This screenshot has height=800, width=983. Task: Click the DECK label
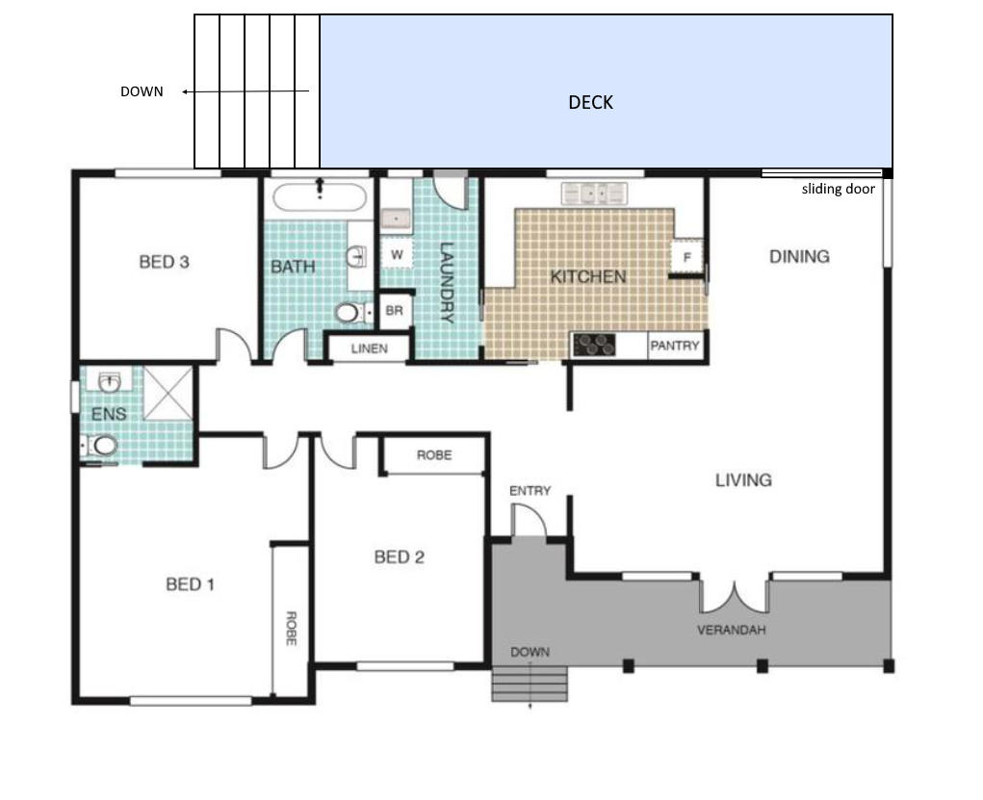pos(590,102)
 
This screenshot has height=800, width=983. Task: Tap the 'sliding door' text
pos(839,189)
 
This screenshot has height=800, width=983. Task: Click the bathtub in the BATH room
pos(320,196)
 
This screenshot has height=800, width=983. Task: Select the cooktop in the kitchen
pos(594,345)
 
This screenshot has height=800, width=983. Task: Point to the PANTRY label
pos(675,346)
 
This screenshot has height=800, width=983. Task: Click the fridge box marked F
pos(686,256)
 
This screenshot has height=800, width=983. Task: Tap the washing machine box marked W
pos(397,255)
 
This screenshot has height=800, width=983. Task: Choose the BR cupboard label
pos(395,310)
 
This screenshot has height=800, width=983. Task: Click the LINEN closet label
pos(370,348)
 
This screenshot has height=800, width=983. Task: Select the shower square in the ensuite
pos(168,393)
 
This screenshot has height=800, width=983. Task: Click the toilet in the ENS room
pos(100,446)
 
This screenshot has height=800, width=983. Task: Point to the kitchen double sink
pos(594,194)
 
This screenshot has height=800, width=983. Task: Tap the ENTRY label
pos(530,491)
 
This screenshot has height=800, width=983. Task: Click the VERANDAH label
pos(732,630)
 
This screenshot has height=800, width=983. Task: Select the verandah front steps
pos(530,684)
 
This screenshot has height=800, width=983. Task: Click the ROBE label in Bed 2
pos(434,455)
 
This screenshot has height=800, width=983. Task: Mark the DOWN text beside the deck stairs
pos(142,91)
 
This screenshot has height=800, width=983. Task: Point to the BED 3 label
pos(165,262)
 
